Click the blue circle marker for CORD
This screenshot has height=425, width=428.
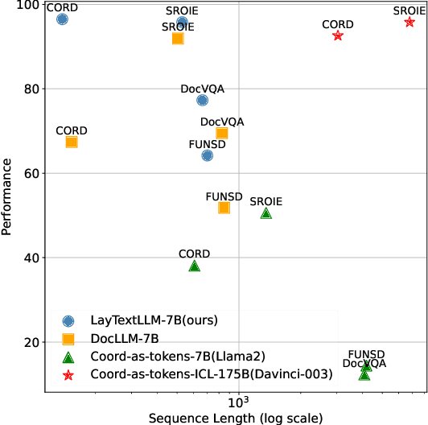click(62, 19)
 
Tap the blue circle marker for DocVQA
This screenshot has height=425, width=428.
click(202, 100)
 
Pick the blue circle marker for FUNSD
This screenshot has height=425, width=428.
click(207, 155)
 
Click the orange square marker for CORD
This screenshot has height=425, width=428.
click(72, 142)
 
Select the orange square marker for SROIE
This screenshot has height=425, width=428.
click(178, 38)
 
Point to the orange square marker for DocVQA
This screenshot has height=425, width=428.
click(222, 133)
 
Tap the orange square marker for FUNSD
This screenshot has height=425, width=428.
click(224, 207)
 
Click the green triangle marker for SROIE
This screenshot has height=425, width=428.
click(266, 213)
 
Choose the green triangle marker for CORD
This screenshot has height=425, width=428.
click(194, 266)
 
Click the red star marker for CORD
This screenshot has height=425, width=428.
click(338, 35)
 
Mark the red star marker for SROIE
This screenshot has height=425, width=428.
click(409, 22)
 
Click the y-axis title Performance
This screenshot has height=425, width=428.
click(7, 196)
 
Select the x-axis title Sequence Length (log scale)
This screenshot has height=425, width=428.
click(236, 418)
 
